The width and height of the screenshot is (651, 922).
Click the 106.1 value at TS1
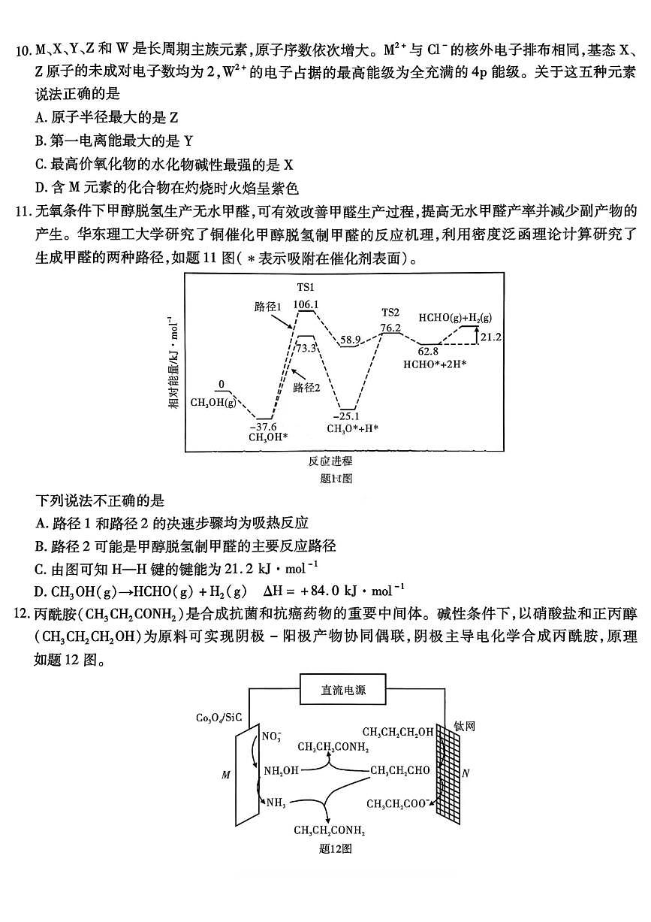[x=306, y=304]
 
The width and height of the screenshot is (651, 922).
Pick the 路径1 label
[x=267, y=307]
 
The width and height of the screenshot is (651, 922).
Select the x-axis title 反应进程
[x=330, y=461]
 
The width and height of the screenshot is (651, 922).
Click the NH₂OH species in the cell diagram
[x=282, y=771]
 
